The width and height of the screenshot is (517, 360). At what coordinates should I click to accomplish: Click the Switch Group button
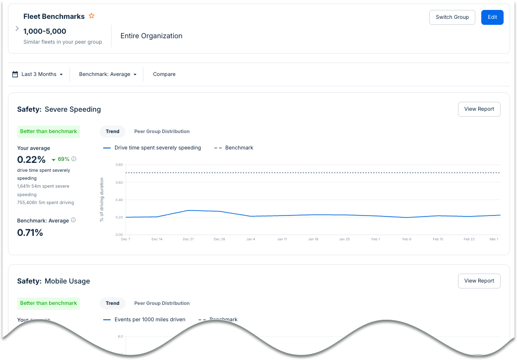pos(452,17)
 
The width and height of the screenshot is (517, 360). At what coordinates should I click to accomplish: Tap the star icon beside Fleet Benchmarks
pos(91,16)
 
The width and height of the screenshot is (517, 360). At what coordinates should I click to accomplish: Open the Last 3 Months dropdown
pos(38,74)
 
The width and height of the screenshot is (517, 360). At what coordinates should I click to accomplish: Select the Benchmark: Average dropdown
pos(108,74)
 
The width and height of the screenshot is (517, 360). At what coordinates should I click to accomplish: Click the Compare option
pos(164,74)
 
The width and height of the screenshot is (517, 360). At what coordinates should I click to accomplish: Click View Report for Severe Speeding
pos(479,109)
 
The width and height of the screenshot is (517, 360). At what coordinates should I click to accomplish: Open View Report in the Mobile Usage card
pos(479,281)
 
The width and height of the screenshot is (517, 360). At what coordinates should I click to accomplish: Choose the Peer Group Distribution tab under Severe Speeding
pos(162,132)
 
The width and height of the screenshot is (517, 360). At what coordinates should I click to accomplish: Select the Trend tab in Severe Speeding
pos(113,132)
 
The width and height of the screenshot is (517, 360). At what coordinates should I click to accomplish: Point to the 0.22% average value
pos(31,159)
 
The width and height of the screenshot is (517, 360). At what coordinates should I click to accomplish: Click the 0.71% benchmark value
pos(30,232)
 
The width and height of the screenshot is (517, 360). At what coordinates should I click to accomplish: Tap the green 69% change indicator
pos(61,159)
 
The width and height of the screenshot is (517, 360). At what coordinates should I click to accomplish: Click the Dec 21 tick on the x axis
pos(188,239)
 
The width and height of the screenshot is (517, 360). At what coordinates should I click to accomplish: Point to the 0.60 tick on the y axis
pos(119,182)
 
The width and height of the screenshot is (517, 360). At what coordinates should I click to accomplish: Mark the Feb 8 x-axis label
pos(407,239)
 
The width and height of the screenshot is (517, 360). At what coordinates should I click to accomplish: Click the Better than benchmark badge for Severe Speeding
pos(49,132)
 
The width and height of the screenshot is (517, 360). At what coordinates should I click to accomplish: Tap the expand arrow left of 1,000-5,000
pos(17,29)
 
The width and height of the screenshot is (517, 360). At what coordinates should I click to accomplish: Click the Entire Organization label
pos(151,36)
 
